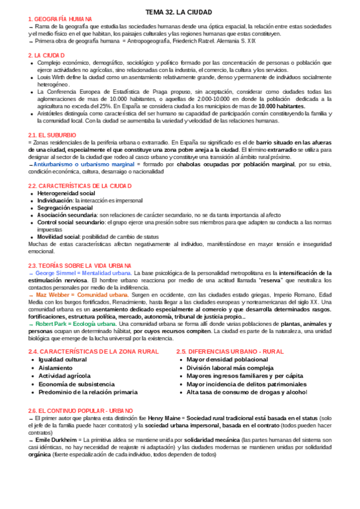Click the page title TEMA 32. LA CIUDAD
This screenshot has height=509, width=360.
click(x=179, y=12)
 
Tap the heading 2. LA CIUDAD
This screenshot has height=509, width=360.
click(x=47, y=55)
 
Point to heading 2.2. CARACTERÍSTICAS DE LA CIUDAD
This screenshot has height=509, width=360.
click(x=80, y=185)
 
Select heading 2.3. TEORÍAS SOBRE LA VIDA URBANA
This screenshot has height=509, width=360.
click(x=79, y=265)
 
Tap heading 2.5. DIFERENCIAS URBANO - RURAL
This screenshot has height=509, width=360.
click(x=230, y=351)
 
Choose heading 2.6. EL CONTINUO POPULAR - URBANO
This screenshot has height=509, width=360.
click(x=80, y=410)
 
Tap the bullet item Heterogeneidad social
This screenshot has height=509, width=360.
click(x=66, y=193)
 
